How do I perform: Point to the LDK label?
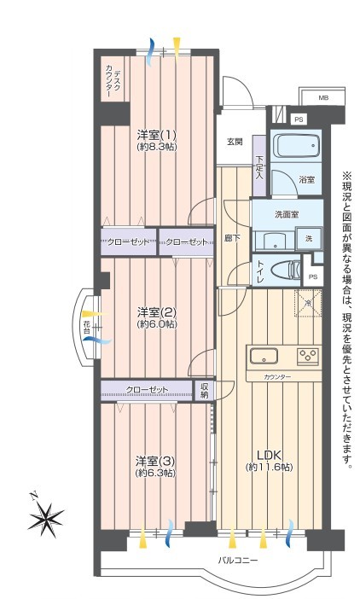pos(269,455)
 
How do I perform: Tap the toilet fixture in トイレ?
pos(286,270)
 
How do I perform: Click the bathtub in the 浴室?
pos(298,145)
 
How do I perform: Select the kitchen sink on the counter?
pos(264,357)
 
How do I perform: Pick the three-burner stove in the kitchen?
pos(308,357)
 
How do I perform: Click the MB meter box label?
pos(323,98)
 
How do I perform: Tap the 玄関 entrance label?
pos(235,142)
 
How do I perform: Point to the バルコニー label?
pos(238,561)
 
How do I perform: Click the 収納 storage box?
pos(204,391)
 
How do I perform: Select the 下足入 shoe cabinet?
pos(259,166)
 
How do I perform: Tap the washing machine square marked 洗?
pos(309,239)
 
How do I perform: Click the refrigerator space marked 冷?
pos(308,303)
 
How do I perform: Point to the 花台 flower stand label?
pos(87,327)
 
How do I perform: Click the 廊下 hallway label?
pos(232,238)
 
